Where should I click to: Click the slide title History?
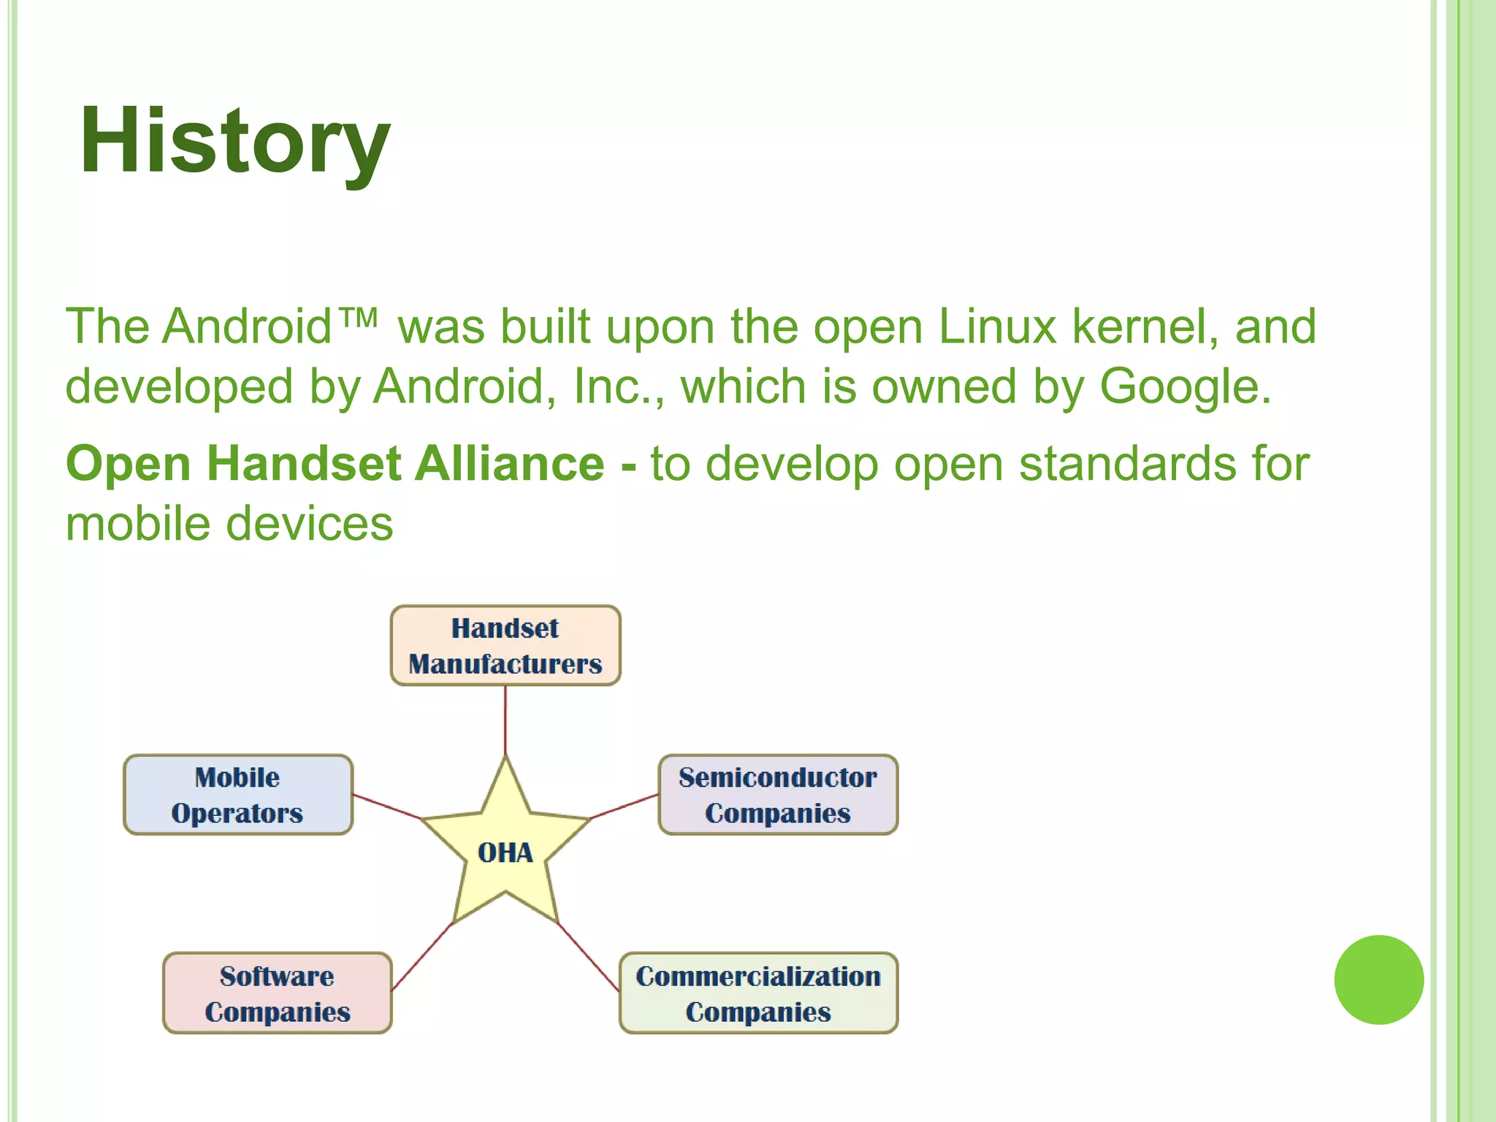click(234, 140)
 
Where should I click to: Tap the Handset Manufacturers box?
click(505, 646)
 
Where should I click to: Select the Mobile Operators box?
click(238, 795)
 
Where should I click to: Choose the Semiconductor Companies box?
click(778, 795)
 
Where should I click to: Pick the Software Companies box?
click(278, 993)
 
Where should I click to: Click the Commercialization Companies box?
click(758, 993)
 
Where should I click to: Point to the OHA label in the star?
click(505, 852)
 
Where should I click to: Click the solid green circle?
click(1378, 980)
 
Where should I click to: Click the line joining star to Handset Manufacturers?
click(505, 720)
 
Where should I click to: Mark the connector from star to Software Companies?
click(422, 957)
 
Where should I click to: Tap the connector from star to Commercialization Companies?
click(589, 957)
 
